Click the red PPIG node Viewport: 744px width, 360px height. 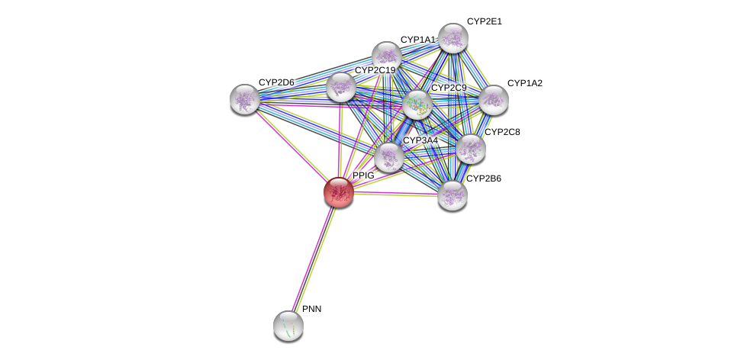(x=338, y=191)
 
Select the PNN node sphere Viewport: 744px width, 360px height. (x=288, y=326)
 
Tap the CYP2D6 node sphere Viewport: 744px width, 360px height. (x=245, y=99)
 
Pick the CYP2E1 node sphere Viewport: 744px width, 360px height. (x=453, y=37)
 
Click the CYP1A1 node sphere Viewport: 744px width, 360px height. (x=387, y=56)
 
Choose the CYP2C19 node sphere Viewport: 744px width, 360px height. (x=340, y=87)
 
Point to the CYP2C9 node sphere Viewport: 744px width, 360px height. (x=417, y=104)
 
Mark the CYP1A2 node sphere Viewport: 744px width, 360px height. (x=494, y=99)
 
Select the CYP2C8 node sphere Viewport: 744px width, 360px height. (x=470, y=149)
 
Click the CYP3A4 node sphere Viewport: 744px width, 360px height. (x=388, y=157)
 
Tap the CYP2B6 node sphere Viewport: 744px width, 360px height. (x=452, y=194)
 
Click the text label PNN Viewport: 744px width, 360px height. (x=311, y=309)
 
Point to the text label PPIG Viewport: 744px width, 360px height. (x=363, y=175)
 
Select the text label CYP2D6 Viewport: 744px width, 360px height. (x=275, y=82)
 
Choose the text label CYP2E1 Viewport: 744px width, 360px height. (x=484, y=21)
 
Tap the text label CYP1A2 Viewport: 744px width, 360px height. (x=524, y=83)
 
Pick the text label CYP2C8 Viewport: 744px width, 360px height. (x=502, y=132)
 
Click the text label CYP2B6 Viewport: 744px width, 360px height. (x=484, y=178)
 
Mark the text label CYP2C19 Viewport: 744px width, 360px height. (x=375, y=71)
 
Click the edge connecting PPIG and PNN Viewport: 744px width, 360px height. (x=313, y=259)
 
